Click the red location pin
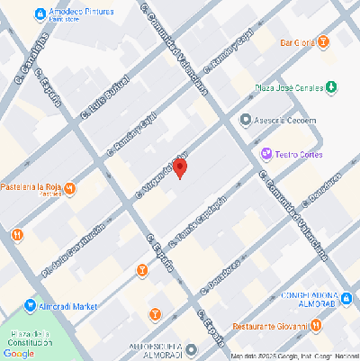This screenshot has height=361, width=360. pyautogui.click(x=180, y=168)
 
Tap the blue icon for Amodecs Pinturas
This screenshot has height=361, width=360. pyautogui.click(x=40, y=14)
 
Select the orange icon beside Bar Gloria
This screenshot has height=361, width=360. pyautogui.click(x=323, y=41)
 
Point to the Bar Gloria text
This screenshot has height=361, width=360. pyautogui.click(x=296, y=42)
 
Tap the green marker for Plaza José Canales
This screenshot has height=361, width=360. pyautogui.click(x=331, y=87)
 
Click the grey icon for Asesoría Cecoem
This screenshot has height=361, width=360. pyautogui.click(x=245, y=119)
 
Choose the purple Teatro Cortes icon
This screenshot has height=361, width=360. pyautogui.click(x=265, y=153)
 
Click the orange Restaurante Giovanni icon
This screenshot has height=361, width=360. pyautogui.click(x=316, y=326)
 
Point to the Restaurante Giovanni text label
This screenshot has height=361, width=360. pyautogui.click(x=270, y=326)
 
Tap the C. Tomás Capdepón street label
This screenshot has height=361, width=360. pyautogui.click(x=200, y=218)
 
